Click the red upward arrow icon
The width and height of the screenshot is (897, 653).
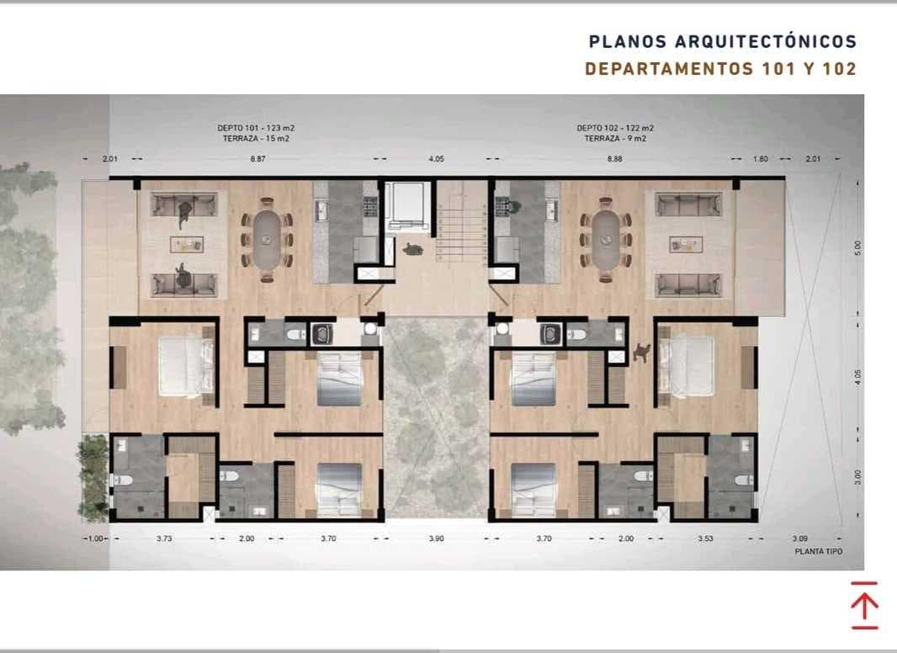point(864,606)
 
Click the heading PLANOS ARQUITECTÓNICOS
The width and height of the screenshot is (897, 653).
point(723,41)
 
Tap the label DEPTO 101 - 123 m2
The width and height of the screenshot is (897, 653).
point(256,128)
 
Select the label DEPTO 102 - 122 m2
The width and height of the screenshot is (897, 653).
point(615,128)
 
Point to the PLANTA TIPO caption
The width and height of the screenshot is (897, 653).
point(819,551)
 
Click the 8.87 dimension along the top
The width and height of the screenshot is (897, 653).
point(258,158)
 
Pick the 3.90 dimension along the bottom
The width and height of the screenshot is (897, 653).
point(436,539)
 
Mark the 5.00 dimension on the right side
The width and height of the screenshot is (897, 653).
point(857,247)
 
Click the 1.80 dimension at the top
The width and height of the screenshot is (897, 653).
point(761,158)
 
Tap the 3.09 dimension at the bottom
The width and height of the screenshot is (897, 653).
point(799,539)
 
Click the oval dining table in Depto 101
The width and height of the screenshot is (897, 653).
point(266,239)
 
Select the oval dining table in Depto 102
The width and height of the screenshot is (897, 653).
point(605,239)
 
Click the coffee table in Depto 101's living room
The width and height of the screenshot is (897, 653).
point(187,244)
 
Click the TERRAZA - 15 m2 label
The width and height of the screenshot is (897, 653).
point(256,139)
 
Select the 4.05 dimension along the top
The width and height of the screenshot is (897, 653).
point(436,158)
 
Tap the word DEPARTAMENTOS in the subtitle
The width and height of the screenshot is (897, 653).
point(669,69)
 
